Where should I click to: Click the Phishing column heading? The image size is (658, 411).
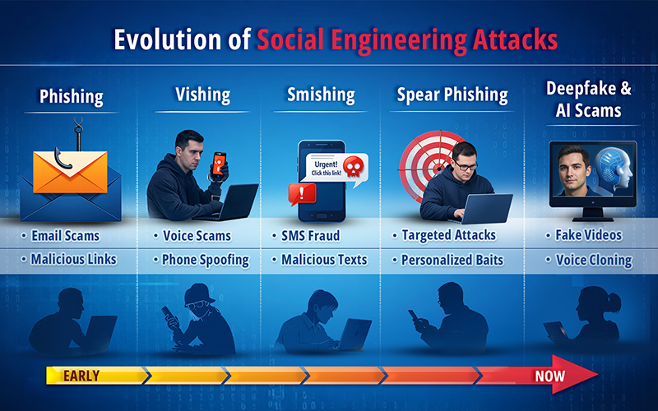coord(72,97)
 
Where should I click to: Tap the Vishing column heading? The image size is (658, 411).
coord(202,94)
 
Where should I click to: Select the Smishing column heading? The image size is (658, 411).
coord(320,94)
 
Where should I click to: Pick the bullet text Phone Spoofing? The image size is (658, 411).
coord(205,260)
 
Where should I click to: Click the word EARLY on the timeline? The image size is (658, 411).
coord(81,376)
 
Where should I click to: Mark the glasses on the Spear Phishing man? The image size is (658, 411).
coord(466,166)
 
